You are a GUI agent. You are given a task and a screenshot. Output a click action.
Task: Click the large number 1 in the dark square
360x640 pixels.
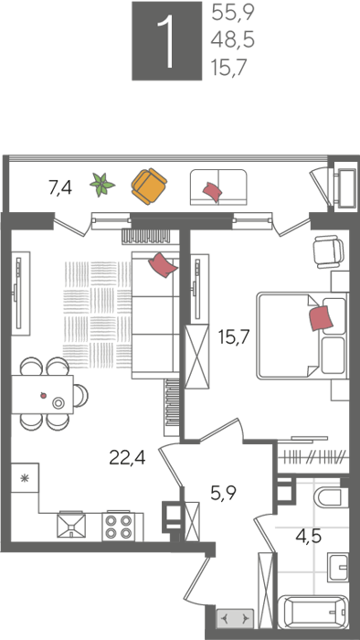(x=166, y=41)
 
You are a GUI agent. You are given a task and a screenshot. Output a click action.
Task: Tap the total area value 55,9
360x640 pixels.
(x=233, y=14)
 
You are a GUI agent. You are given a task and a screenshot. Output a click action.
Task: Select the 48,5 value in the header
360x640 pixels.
(x=233, y=41)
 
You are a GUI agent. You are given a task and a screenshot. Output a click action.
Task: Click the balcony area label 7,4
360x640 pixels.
(x=60, y=188)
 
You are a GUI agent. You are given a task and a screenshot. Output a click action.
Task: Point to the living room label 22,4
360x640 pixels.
(x=127, y=457)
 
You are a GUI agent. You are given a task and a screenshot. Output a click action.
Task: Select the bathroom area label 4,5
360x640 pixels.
(x=308, y=536)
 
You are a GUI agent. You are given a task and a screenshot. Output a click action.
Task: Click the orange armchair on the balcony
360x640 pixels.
(x=149, y=187)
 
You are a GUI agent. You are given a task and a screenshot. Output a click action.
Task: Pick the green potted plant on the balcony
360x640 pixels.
(x=102, y=185)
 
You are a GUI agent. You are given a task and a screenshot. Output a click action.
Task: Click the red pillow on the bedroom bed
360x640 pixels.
(x=322, y=318)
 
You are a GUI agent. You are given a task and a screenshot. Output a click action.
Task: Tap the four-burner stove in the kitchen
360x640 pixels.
(x=119, y=527)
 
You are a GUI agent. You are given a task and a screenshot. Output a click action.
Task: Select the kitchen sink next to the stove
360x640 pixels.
(x=71, y=527)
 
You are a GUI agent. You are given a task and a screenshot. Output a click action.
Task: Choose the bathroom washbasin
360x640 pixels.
(x=338, y=568)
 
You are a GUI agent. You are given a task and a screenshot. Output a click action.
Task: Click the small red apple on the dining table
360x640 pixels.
(x=43, y=395)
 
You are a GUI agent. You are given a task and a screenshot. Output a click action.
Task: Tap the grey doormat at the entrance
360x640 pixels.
(x=235, y=619)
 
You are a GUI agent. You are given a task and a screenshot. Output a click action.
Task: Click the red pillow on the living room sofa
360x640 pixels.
(x=163, y=265)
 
